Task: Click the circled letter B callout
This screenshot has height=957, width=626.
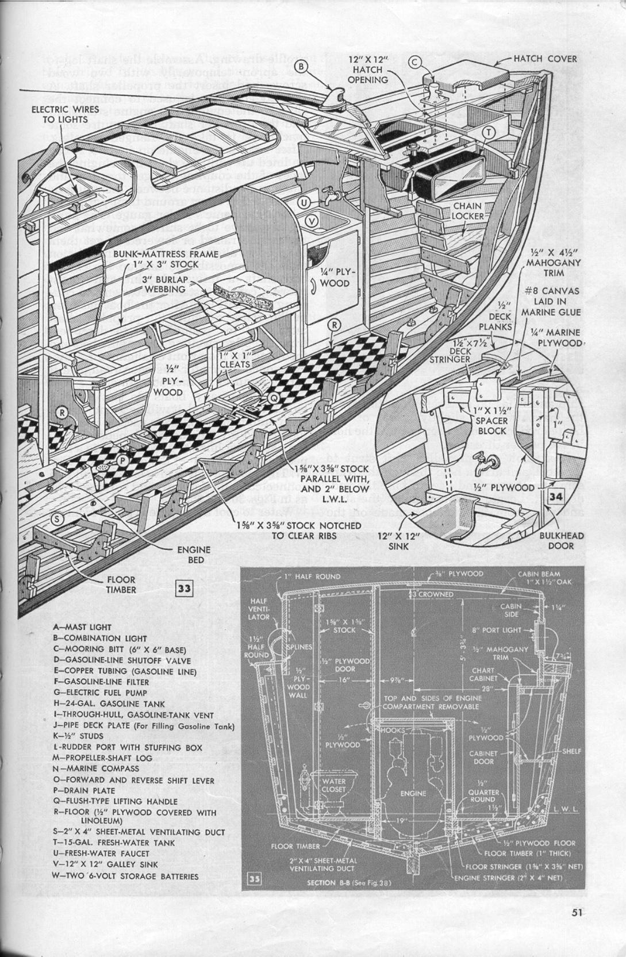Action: click(x=306, y=67)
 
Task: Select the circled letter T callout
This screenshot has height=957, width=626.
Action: click(x=489, y=133)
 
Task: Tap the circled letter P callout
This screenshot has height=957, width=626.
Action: click(x=122, y=460)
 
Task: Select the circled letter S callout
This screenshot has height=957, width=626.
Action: click(x=57, y=519)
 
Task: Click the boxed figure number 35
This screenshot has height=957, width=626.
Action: click(x=254, y=879)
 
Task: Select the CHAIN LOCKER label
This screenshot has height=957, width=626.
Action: click(x=467, y=210)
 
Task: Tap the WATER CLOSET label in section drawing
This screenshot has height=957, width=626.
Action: click(x=333, y=785)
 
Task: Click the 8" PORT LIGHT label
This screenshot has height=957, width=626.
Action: click(x=496, y=630)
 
